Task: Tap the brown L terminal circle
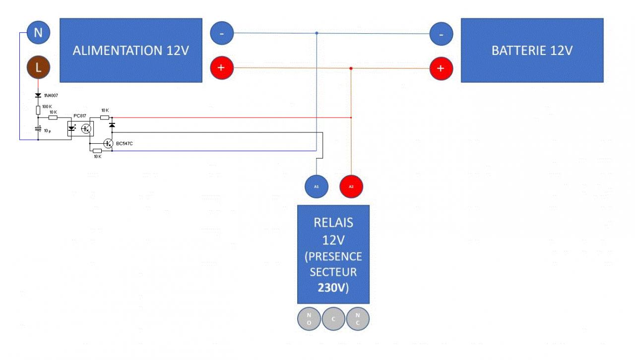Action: tap(38, 67)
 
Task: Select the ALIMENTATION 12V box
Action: tap(131, 50)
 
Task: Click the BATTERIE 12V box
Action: tap(532, 50)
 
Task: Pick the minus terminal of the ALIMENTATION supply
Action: tap(222, 33)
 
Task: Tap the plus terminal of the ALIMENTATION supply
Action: tap(222, 67)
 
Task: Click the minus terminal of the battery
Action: tap(441, 34)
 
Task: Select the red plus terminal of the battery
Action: tap(441, 68)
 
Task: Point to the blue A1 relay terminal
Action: tap(317, 186)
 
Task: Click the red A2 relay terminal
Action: tap(351, 186)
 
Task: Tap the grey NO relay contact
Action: tap(309, 318)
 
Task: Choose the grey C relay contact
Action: tap(333, 318)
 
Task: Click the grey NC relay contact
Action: tap(358, 318)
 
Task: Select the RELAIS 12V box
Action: tap(333, 254)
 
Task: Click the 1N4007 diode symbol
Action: tap(38, 95)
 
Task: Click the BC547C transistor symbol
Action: tap(108, 143)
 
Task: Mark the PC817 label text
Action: tap(79, 116)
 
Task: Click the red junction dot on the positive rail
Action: tap(351, 68)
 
